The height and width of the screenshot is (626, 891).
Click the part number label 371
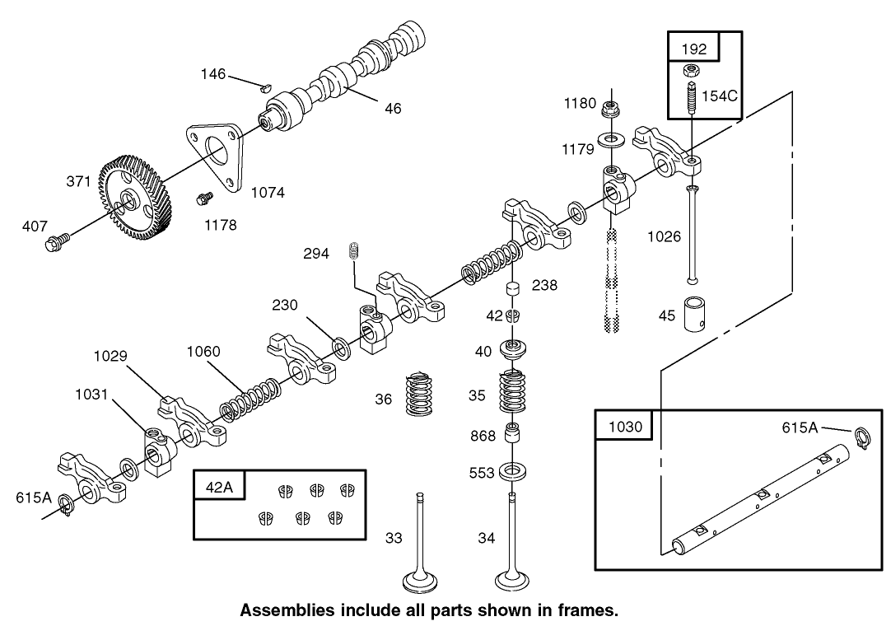[x=78, y=182]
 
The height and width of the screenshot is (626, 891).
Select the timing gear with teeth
[x=136, y=198]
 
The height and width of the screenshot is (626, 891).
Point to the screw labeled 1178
[x=202, y=199]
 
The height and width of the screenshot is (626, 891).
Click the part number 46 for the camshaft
[x=393, y=108]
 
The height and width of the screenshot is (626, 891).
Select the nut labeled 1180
[x=611, y=108]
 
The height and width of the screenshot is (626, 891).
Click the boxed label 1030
[x=623, y=427]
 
